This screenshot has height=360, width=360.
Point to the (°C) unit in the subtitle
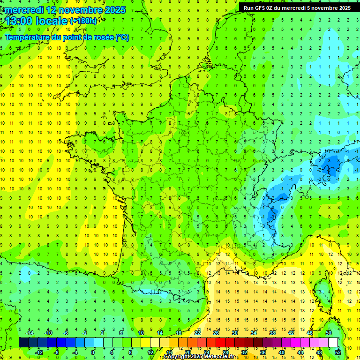pyautogui.click(x=122, y=37)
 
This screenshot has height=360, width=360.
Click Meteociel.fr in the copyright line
pyautogui.click(x=222, y=357)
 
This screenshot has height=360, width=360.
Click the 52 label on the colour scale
pyautogui.click(x=338, y=352)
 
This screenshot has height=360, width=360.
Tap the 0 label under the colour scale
pyautogui.click(x=93, y=352)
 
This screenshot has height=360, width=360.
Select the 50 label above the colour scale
pyautogui.click(x=329, y=333)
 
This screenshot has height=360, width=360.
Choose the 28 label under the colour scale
pyautogui.click(x=225, y=352)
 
